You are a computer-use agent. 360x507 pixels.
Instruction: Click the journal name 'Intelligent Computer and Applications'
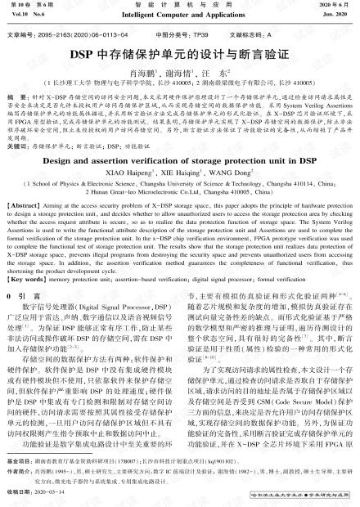(x=180, y=15)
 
